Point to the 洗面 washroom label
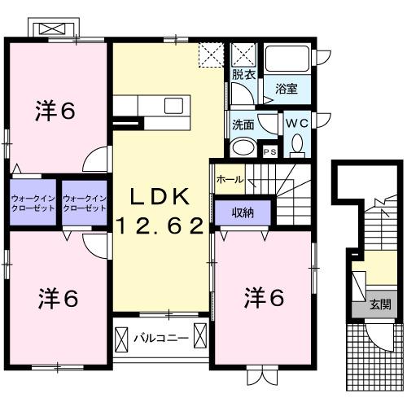243,125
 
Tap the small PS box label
270,151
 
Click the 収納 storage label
242,213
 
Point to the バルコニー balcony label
161,337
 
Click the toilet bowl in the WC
297,145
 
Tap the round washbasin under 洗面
242,147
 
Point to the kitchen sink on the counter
173,105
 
